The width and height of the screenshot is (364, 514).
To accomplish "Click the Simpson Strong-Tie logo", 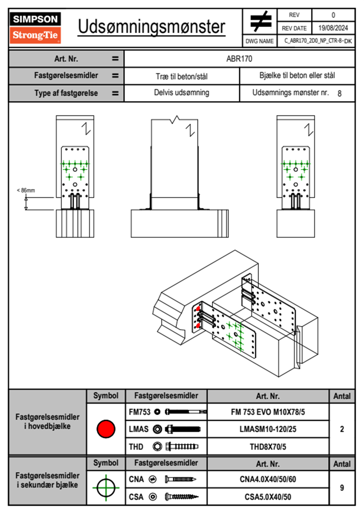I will pyautogui.click(x=35, y=28).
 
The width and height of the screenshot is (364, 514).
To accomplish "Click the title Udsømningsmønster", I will pyautogui.click(x=151, y=27).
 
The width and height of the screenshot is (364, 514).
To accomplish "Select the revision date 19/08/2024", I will pyautogui.click(x=333, y=28).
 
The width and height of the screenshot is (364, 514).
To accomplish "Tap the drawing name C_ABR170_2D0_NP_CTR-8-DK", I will pyautogui.click(x=318, y=41).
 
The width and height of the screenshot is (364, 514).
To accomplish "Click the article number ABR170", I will pyautogui.click(x=239, y=59).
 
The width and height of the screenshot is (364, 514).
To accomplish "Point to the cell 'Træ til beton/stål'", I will pyautogui.click(x=181, y=76).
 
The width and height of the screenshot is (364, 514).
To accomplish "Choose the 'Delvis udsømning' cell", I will pyautogui.click(x=181, y=93).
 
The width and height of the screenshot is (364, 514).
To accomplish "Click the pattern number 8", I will pyautogui.click(x=339, y=94).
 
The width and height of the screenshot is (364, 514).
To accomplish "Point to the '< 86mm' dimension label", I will pyautogui.click(x=26, y=190).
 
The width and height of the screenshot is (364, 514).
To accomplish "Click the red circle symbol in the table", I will pyautogui.click(x=106, y=429).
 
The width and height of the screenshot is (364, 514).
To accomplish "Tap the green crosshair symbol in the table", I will pyautogui.click(x=106, y=488).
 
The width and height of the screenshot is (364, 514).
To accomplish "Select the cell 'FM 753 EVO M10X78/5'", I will pyautogui.click(x=268, y=412).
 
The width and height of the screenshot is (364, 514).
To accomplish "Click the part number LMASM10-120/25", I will pyautogui.click(x=268, y=429).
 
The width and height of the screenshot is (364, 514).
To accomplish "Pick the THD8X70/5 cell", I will pyautogui.click(x=268, y=447).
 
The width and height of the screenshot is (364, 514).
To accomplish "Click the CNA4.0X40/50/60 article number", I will pyautogui.click(x=268, y=479).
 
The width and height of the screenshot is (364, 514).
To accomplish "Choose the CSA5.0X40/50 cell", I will pyautogui.click(x=268, y=497).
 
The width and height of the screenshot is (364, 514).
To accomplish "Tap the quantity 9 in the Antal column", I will pyautogui.click(x=342, y=488).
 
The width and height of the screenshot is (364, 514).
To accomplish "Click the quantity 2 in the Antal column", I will pyautogui.click(x=342, y=429).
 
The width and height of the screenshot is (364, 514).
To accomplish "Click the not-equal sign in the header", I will pyautogui.click(x=260, y=21).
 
